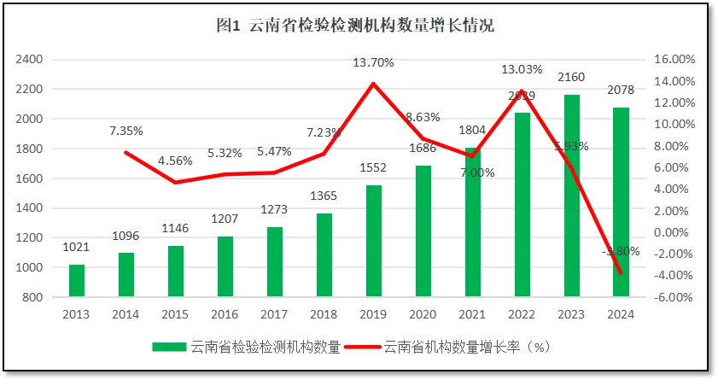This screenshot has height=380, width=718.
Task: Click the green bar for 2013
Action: click(77, 281)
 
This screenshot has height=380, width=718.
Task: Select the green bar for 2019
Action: click(374, 242)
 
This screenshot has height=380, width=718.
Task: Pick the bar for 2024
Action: click(621, 202)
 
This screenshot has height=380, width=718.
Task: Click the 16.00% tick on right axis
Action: click(674, 60)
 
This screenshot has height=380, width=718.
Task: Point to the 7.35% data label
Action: click(126, 132)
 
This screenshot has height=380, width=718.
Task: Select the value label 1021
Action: click(77, 248)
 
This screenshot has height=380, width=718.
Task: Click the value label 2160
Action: click(571, 78)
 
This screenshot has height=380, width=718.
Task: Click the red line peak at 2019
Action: click(374, 84)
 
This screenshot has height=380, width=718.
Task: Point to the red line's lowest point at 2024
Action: click(621, 273)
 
